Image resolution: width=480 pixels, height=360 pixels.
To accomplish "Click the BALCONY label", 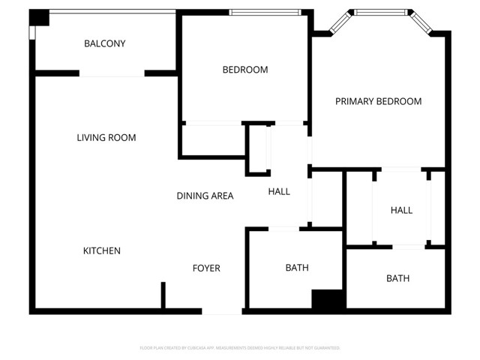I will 104,43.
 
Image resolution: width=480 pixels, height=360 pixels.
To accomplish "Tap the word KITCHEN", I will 101,250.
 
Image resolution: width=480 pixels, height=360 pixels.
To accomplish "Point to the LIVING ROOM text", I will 106,137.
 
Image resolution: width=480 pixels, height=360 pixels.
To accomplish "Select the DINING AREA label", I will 205,196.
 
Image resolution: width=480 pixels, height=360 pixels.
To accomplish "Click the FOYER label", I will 206,268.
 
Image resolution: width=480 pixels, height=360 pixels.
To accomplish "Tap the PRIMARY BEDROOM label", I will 378,101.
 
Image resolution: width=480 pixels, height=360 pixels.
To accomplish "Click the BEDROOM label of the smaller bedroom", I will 244,70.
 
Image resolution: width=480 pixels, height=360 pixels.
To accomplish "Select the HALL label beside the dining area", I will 279,191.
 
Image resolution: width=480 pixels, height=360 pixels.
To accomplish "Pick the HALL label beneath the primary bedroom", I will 401,210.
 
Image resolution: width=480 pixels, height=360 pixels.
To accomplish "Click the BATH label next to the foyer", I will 296,268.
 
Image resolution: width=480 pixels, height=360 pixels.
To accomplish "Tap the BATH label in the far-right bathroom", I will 397,278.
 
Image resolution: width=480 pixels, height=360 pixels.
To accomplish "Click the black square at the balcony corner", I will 39,17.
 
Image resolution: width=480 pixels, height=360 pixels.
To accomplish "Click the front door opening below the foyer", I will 223,311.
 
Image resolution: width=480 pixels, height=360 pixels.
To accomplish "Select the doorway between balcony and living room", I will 112,73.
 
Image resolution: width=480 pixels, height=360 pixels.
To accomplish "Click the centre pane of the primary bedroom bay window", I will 382,12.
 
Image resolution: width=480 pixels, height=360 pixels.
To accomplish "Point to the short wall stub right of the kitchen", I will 163,295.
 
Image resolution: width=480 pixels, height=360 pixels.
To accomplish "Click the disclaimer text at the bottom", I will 240,348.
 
